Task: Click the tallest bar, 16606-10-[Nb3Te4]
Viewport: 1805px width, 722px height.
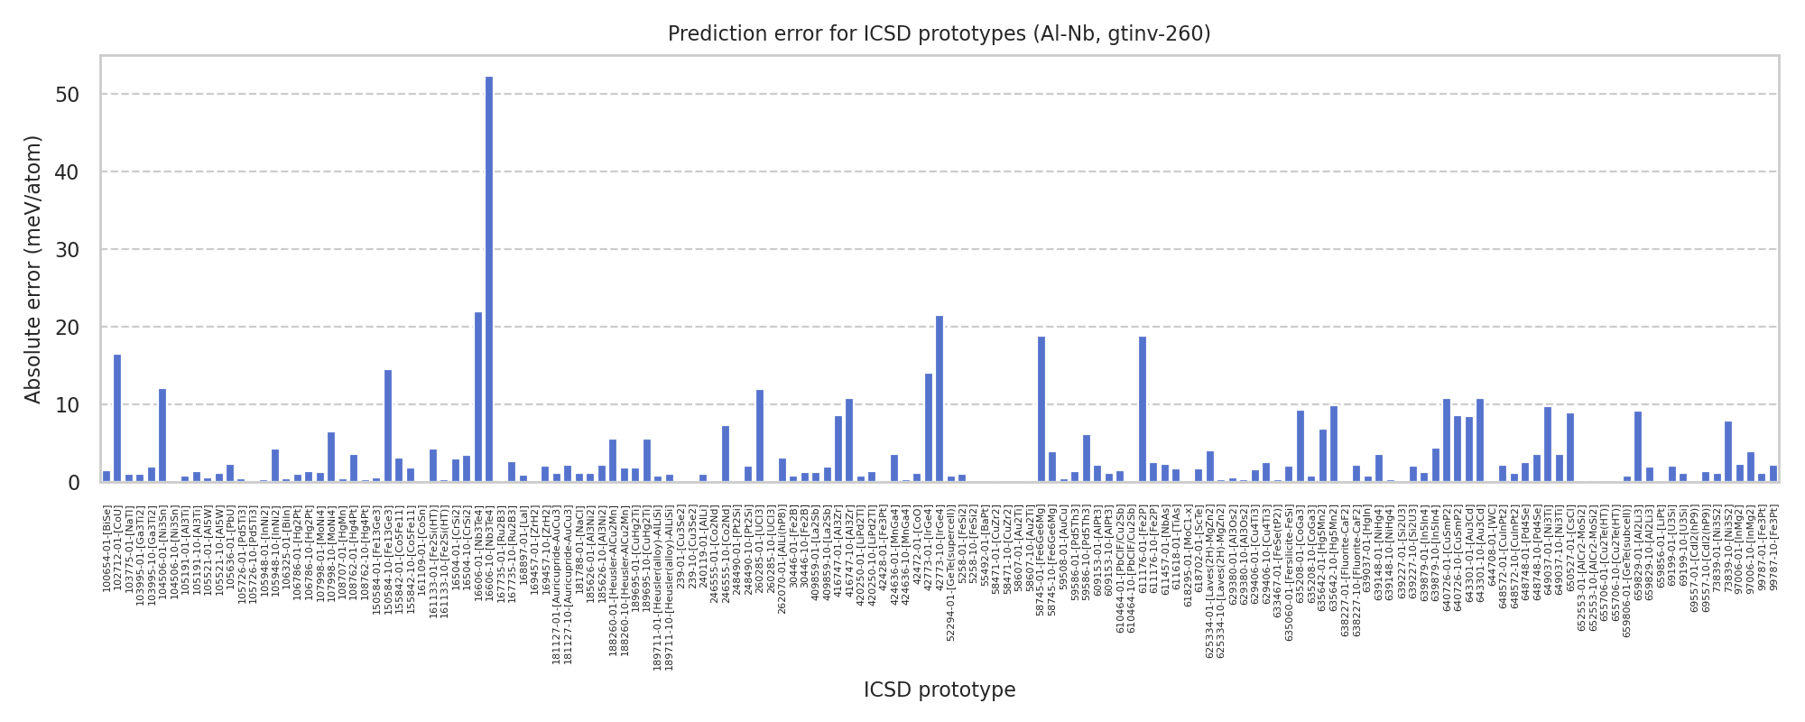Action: click(x=489, y=280)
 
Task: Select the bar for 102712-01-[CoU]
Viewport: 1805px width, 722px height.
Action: click(x=117, y=419)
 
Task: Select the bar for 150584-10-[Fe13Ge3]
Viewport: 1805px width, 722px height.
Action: click(x=388, y=426)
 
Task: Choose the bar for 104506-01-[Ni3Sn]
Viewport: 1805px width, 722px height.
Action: click(x=162, y=436)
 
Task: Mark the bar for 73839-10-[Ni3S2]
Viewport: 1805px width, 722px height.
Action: click(x=1728, y=451)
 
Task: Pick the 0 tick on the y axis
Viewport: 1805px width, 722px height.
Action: click(x=74, y=483)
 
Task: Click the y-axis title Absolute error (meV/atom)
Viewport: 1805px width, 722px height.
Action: click(x=33, y=269)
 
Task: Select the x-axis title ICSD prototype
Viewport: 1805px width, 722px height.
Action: click(x=940, y=690)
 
